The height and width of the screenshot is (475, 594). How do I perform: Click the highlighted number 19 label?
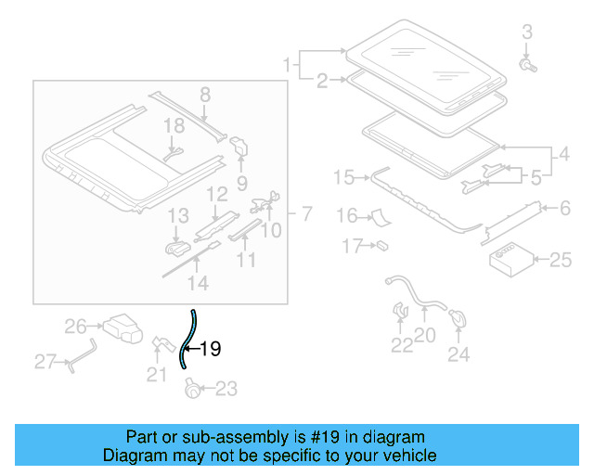(x=211, y=350)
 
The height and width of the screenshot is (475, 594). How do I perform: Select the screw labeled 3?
(x=528, y=66)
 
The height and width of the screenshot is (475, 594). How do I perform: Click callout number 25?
(x=561, y=261)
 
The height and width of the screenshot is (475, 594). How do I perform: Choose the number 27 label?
(x=45, y=362)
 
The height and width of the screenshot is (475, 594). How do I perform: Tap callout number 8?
(x=205, y=94)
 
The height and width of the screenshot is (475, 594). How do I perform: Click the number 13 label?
(x=177, y=217)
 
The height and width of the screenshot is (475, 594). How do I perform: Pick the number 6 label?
(x=564, y=209)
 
